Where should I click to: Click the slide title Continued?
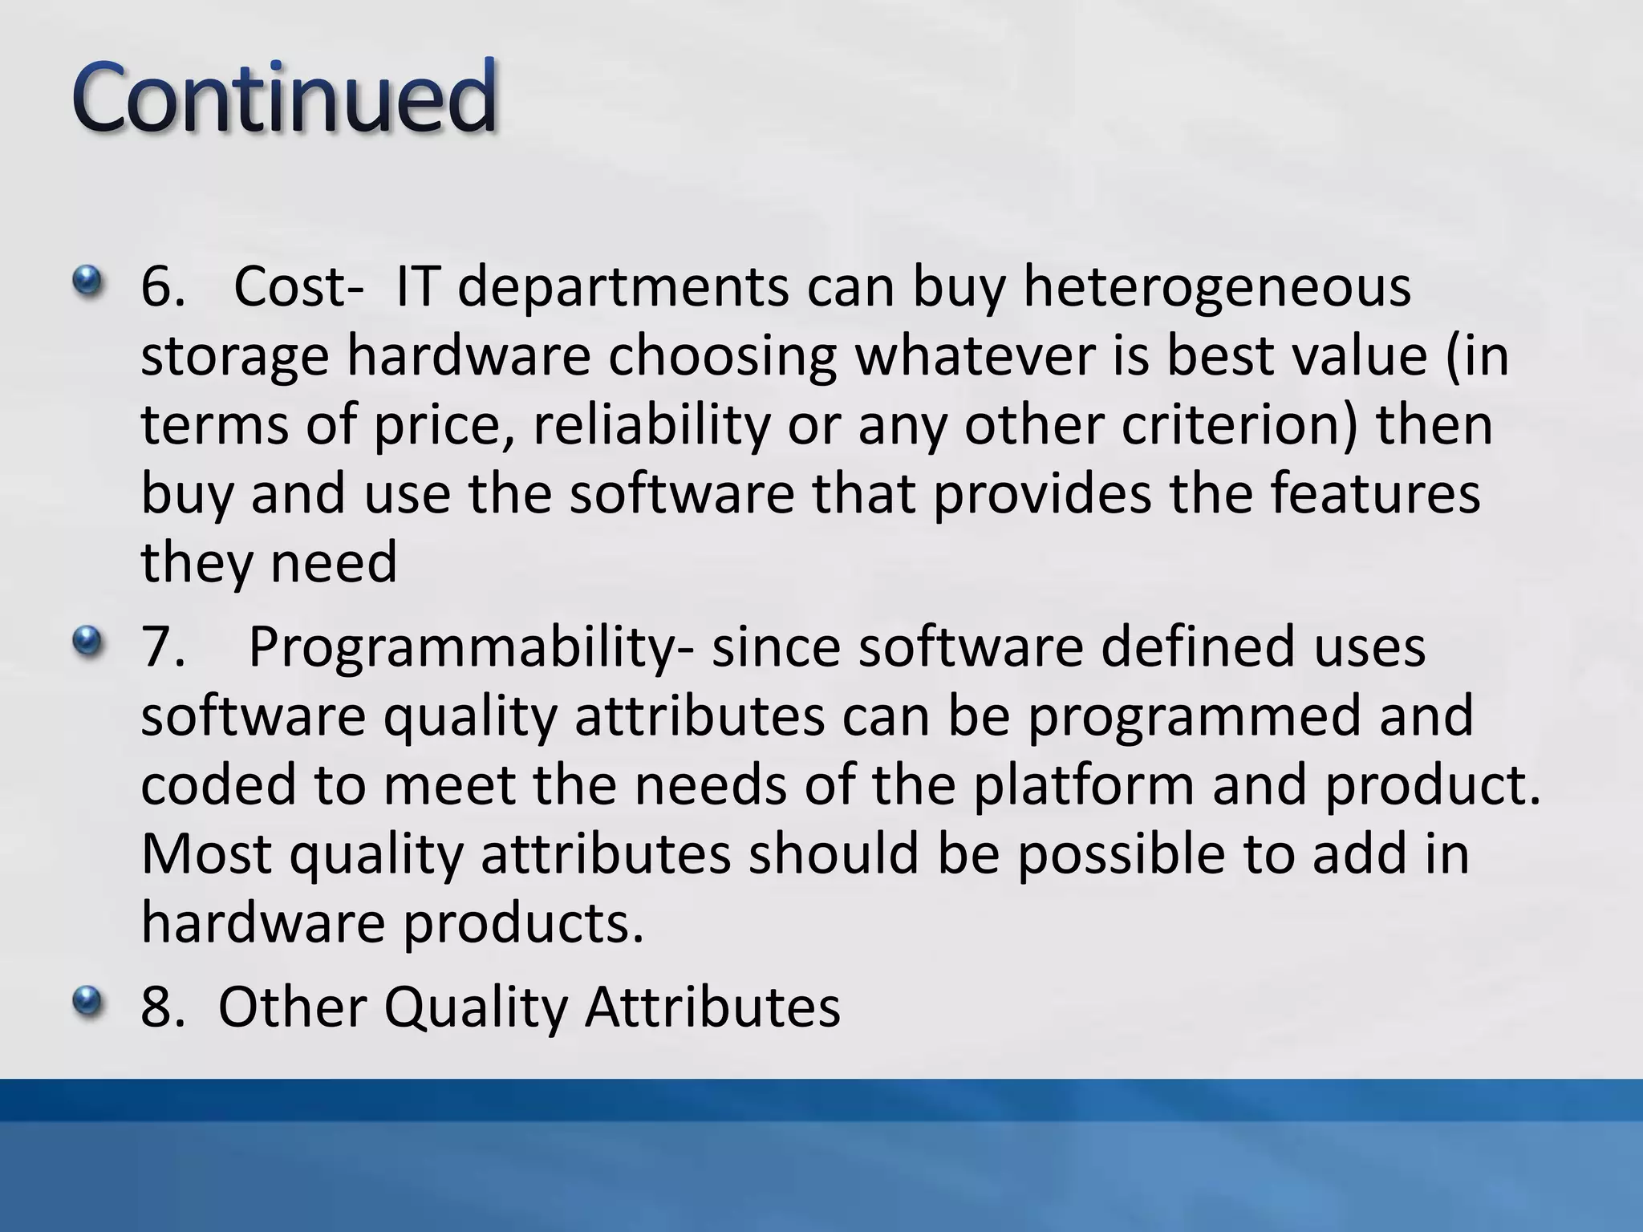[x=285, y=98]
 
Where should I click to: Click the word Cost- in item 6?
[x=292, y=287]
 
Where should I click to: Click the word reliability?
[x=651, y=425]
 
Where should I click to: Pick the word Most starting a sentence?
[x=206, y=855]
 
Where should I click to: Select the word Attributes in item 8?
[x=712, y=1006]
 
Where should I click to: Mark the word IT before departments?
[x=416, y=287]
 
